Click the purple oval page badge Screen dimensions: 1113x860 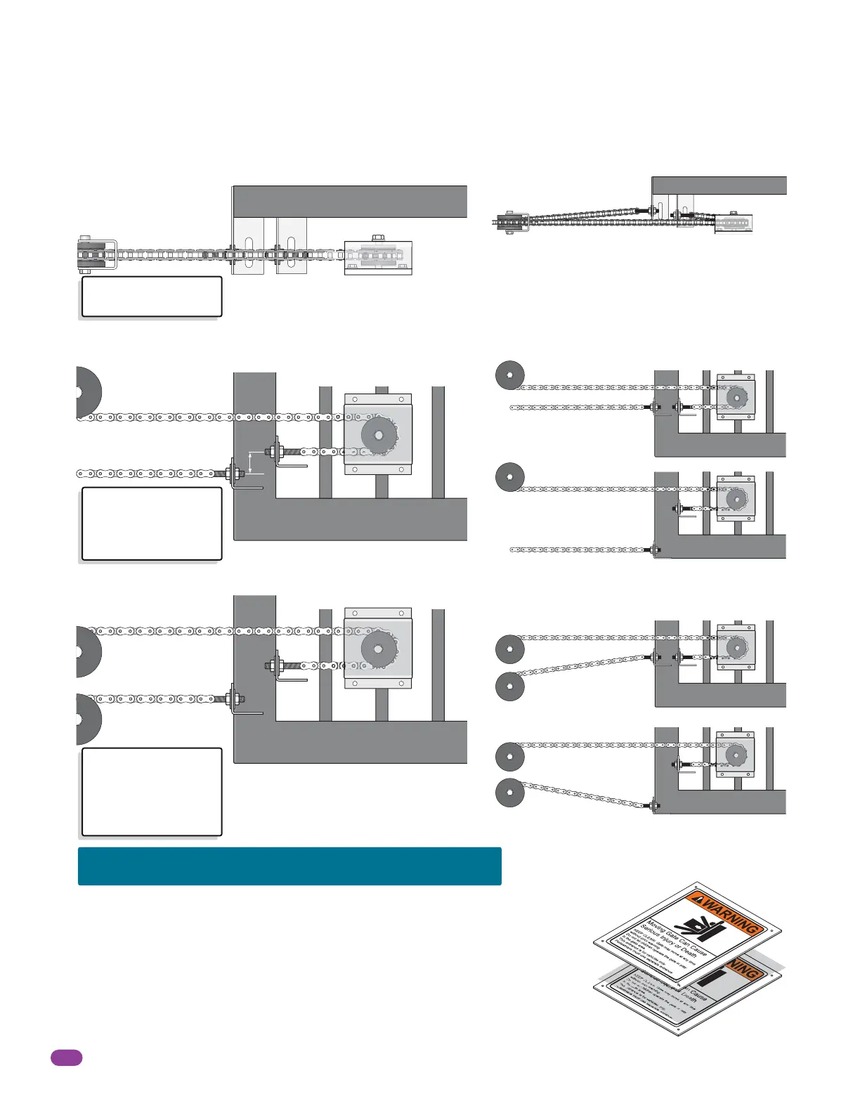point(67,1057)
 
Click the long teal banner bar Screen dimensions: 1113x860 point(289,866)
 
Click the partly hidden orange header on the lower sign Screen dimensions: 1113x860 point(745,970)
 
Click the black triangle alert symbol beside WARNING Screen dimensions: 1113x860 point(698,898)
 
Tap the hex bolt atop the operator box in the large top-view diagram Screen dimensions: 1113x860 point(377,238)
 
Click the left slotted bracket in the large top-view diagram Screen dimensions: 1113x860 point(248,246)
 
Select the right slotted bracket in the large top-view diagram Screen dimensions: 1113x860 point(292,246)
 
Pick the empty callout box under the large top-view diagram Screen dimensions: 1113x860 point(152,297)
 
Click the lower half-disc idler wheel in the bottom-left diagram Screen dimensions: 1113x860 point(89,719)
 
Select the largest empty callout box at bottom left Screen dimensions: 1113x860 point(152,792)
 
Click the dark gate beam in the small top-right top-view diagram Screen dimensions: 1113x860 point(719,185)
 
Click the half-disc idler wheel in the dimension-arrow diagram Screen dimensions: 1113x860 point(88,391)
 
